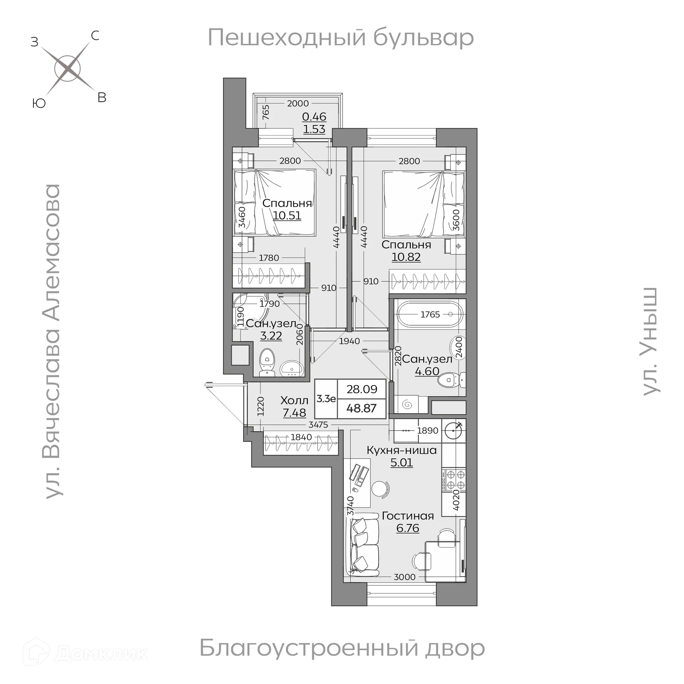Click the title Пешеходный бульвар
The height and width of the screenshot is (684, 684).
[341, 38]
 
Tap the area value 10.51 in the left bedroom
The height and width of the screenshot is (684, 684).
[287, 216]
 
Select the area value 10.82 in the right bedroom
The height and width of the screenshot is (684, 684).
[406, 257]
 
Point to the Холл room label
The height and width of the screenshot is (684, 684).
[294, 400]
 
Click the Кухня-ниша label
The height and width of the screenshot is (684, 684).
[401, 450]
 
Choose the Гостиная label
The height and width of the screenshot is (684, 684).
[408, 516]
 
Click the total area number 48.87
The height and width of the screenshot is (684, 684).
[361, 408]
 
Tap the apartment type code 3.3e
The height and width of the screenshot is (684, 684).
[326, 399]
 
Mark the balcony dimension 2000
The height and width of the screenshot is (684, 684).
[297, 104]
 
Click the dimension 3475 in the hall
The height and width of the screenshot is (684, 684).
[318, 425]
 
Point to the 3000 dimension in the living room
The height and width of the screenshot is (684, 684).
[404, 577]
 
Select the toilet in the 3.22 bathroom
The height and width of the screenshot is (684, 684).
[267, 361]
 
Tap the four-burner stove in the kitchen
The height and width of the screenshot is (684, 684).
[454, 480]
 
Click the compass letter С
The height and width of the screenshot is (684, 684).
[95, 36]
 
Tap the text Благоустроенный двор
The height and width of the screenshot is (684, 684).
[342, 648]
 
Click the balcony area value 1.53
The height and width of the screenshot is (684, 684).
[314, 129]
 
